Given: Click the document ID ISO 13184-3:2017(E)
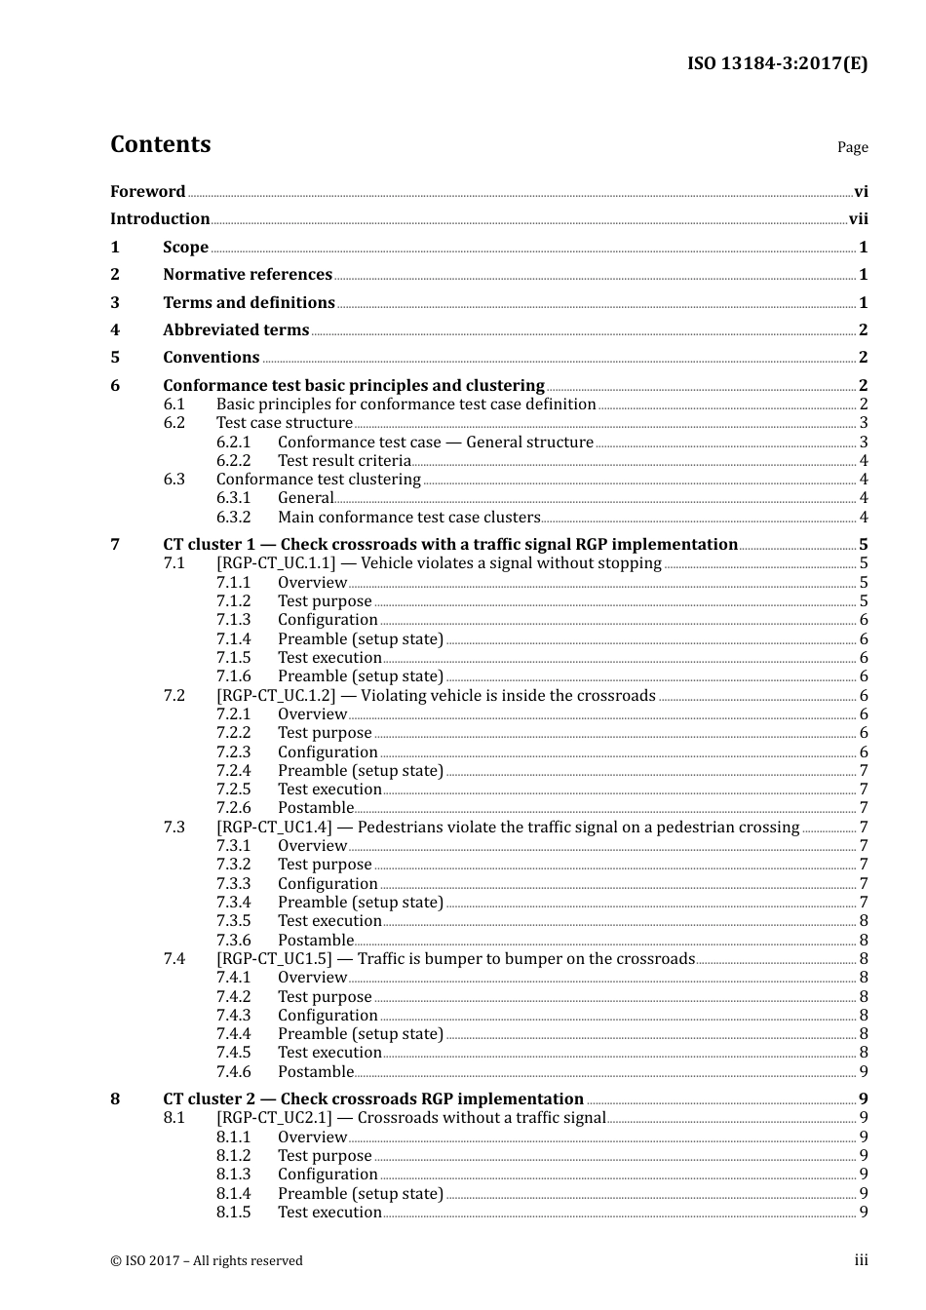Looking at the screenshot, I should pyautogui.click(x=777, y=64).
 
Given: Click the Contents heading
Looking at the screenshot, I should pyautogui.click(x=160, y=144).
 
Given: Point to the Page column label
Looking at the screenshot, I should pyautogui.click(x=852, y=147).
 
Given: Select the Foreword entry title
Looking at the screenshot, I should pyautogui.click(x=147, y=192).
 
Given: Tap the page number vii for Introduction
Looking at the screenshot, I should pyautogui.click(x=858, y=219).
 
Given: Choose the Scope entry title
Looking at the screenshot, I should pyautogui.click(x=185, y=248).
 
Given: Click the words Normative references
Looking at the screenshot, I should pyautogui.click(x=248, y=275).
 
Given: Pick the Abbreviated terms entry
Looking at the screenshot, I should pyautogui.click(x=236, y=330).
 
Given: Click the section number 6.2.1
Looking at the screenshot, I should pyautogui.click(x=234, y=443).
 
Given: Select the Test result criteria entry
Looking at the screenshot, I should pyautogui.click(x=344, y=461).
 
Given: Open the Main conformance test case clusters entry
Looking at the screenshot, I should pyautogui.click(x=408, y=518).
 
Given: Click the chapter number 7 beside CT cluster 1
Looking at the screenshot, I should pyautogui.click(x=115, y=545).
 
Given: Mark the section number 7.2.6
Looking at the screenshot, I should pyautogui.click(x=234, y=808).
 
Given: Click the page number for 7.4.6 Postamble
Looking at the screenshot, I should pyautogui.click(x=864, y=1072).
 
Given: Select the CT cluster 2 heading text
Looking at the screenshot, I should pyautogui.click(x=373, y=1099).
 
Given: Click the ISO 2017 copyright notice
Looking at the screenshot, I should pyautogui.click(x=207, y=1261).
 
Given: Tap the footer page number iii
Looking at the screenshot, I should pyautogui.click(x=861, y=1260).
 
